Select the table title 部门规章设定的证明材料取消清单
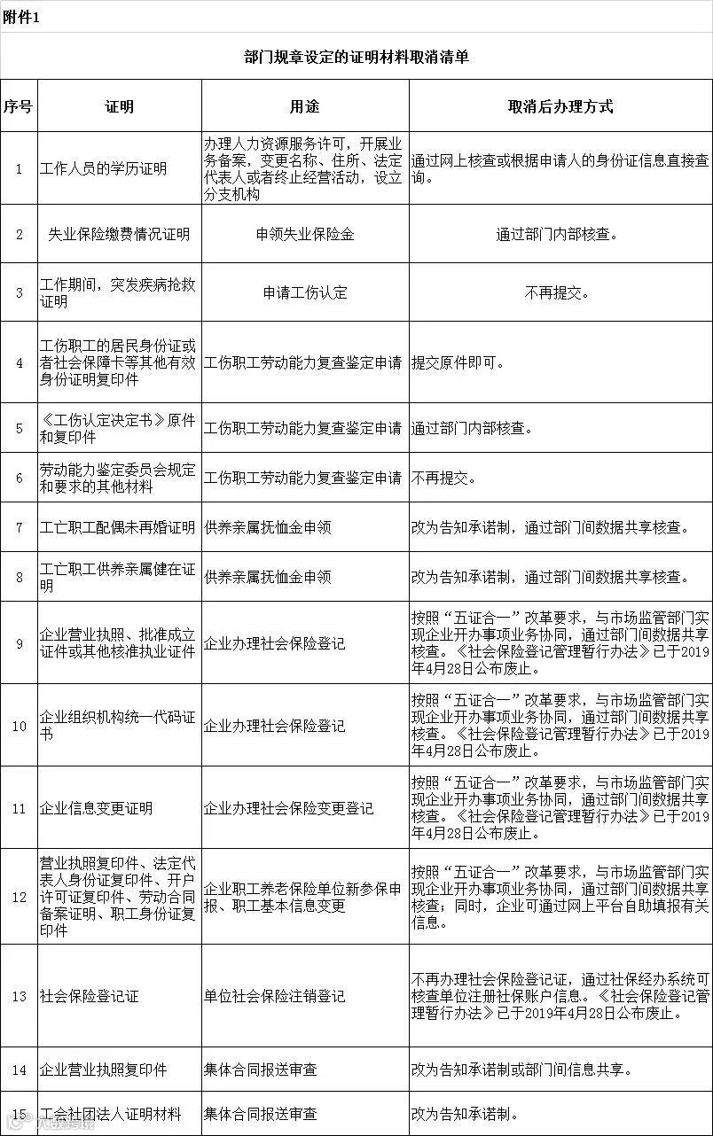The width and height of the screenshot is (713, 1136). pyautogui.click(x=356, y=58)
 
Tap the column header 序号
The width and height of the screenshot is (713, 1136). pyautogui.click(x=18, y=106)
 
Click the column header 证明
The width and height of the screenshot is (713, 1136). pyautogui.click(x=119, y=106)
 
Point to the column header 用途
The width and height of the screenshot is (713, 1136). pyautogui.click(x=304, y=106)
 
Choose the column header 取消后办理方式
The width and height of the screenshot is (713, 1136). pyautogui.click(x=560, y=106)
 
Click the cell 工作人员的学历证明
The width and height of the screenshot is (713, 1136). pyautogui.click(x=103, y=168)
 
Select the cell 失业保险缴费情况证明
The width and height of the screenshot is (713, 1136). pyautogui.click(x=119, y=234)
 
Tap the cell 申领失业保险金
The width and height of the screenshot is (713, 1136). pyautogui.click(x=304, y=234)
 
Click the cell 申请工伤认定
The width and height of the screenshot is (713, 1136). pyautogui.click(x=304, y=292)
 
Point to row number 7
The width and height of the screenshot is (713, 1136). pyautogui.click(x=19, y=527)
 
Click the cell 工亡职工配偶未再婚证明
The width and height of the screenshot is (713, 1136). pyautogui.click(x=118, y=527)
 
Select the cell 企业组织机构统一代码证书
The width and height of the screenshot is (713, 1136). pyautogui.click(x=118, y=726)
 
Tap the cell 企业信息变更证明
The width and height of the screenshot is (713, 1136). pyautogui.click(x=96, y=808)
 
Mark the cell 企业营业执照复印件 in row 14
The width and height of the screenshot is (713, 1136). pyautogui.click(x=103, y=1070)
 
